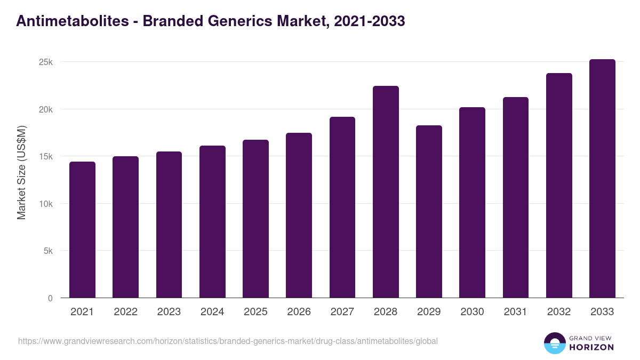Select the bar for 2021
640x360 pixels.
coord(82,230)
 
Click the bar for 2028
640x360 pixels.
coord(386,192)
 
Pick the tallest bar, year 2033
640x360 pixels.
coord(602,179)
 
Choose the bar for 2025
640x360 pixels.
coord(255,219)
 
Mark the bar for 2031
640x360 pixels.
coord(515,197)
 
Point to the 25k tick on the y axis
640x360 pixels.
coord(46,62)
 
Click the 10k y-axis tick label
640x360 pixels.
coord(46,204)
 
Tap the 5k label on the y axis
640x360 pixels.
coord(48,251)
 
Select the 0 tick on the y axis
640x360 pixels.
coord(50,298)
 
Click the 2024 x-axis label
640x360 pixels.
coord(212,312)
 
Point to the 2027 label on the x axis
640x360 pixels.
coord(342,312)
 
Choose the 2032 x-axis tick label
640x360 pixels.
coord(559,312)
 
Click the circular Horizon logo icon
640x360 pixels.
coord(554,343)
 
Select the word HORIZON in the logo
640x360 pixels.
coord(591,347)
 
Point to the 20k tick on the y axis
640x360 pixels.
coord(46,109)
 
